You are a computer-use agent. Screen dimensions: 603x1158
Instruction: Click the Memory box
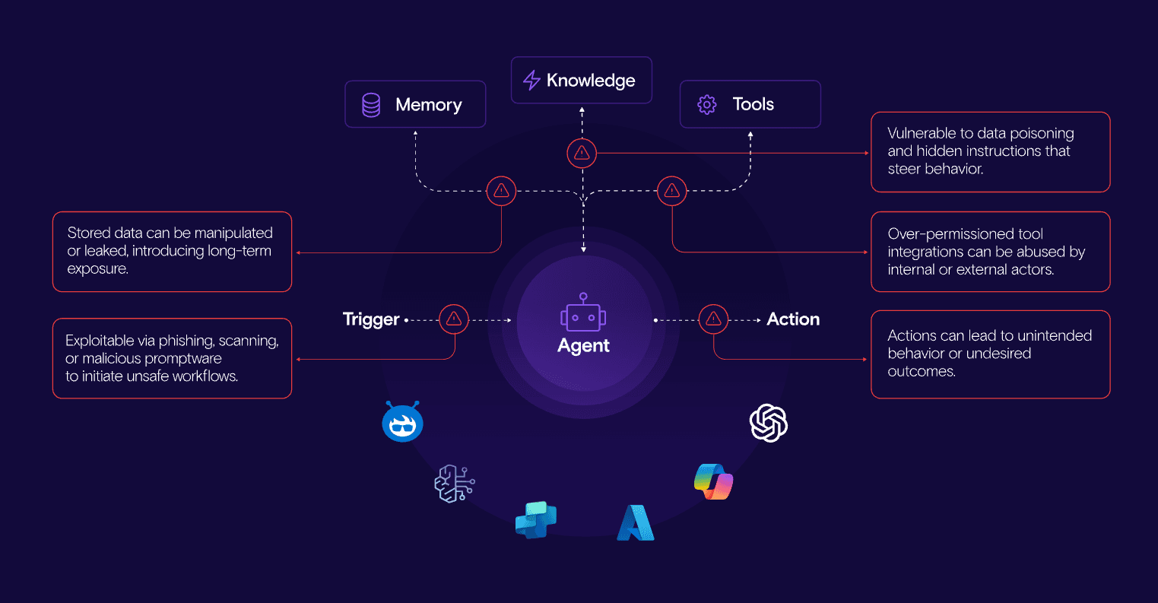415,104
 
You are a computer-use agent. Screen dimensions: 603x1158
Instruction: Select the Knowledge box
582,80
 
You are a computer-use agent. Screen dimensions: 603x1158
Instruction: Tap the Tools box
750,104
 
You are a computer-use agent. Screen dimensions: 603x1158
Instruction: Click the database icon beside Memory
371,105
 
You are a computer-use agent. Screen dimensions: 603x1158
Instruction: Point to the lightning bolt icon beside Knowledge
531,80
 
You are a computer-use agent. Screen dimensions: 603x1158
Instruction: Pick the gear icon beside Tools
707,105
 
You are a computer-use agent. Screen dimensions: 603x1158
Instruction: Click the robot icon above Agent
583,313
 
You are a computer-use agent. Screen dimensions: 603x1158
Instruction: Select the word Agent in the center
583,346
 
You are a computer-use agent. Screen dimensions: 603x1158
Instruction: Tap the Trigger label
371,319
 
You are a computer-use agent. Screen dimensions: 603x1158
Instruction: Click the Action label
793,319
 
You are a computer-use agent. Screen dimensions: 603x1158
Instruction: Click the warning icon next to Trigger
454,319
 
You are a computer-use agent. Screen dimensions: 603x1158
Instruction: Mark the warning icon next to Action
713,319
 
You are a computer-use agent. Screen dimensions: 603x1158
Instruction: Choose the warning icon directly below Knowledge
582,154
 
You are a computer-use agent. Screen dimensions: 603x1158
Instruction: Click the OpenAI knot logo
769,423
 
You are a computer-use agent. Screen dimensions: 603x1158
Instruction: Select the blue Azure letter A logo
635,522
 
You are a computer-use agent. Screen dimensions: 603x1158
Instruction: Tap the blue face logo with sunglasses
402,422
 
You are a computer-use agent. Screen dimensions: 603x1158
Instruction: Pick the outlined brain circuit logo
454,483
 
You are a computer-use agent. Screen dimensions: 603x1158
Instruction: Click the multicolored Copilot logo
713,481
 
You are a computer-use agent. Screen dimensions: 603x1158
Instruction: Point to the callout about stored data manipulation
172,252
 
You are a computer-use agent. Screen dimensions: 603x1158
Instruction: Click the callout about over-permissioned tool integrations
990,252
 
